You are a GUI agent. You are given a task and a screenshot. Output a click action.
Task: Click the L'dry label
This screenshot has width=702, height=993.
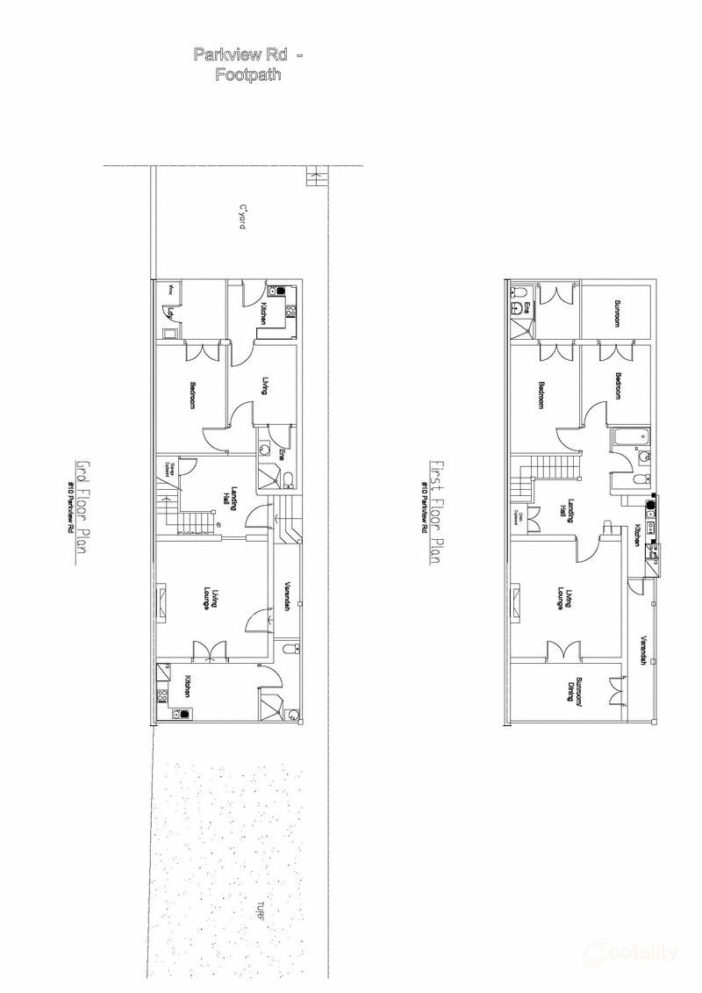171,310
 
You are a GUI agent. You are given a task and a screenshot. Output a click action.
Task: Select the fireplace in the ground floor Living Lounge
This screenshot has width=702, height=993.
161,602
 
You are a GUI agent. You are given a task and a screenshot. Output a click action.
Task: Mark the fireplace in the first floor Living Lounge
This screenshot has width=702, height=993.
515,601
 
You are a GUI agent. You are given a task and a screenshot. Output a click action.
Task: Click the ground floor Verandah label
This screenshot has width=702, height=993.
287,596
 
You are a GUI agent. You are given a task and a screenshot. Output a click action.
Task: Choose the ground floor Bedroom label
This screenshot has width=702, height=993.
192,392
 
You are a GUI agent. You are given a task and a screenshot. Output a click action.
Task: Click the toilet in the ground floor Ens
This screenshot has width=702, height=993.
289,478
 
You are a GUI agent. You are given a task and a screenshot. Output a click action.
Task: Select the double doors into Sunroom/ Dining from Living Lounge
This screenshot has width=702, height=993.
562,651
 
